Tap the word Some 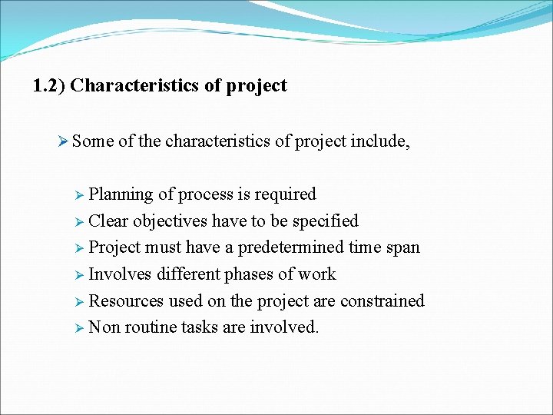coord(93,141)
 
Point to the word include coord(379,141)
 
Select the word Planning coord(121,194)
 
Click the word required coord(286,194)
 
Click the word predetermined coord(291,247)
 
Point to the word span coord(404,247)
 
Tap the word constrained coord(381,301)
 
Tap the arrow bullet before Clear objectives coord(80,221)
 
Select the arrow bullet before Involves coord(80,274)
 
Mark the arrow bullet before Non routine coord(80,327)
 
